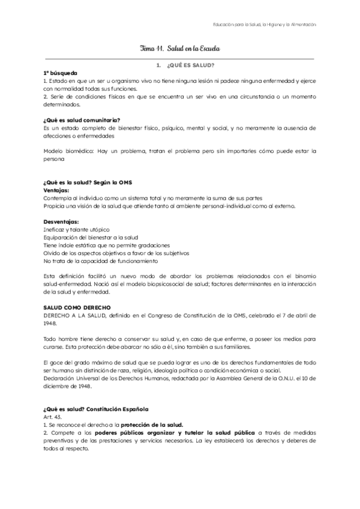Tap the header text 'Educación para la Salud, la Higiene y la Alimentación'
coord(265,25)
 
